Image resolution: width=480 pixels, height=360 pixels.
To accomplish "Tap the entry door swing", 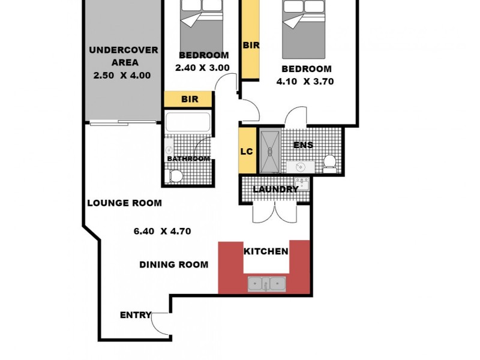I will point(160,324).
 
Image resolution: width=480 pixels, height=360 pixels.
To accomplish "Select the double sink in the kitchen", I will point(268,283).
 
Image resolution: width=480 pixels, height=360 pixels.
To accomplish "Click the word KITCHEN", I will point(266,251).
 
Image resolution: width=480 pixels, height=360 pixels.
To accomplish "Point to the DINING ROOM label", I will point(174,265).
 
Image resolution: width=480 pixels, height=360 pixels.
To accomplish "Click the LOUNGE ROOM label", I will point(124,203).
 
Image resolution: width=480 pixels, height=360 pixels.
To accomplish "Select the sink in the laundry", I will point(301,183).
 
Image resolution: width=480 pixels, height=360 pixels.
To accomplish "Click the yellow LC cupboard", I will point(247,151).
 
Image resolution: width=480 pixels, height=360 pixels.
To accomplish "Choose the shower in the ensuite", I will point(269,151).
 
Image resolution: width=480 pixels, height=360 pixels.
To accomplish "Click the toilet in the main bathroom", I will point(175,176).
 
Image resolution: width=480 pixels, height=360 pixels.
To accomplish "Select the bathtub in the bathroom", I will point(188,123).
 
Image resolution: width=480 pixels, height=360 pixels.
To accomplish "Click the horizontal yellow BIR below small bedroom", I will point(188,99).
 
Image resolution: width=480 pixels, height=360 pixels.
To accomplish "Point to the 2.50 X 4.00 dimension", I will point(122,76).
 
